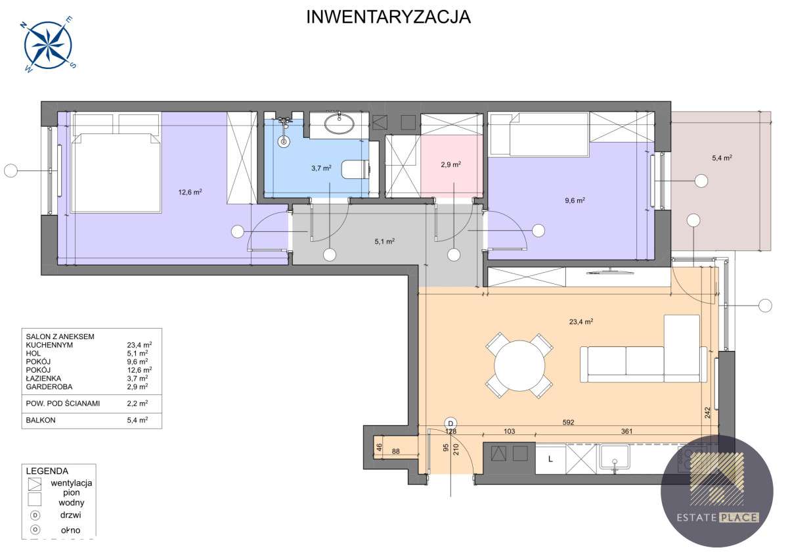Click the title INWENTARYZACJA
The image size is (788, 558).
[389, 17]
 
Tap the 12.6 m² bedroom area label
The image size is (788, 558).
[190, 193]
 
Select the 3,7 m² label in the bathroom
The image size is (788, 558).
[320, 168]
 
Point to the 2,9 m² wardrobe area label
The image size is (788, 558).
[450, 164]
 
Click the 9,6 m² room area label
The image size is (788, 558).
[575, 201]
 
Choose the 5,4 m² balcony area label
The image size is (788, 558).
[722, 158]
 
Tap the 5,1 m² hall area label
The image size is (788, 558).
[384, 241]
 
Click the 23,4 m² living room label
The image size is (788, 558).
[581, 321]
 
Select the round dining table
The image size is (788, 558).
[519, 365]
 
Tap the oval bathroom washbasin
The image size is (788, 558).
[339, 124]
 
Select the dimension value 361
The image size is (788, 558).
[626, 432]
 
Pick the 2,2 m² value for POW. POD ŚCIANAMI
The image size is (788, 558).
[137, 403]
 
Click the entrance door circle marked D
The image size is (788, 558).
[450, 423]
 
